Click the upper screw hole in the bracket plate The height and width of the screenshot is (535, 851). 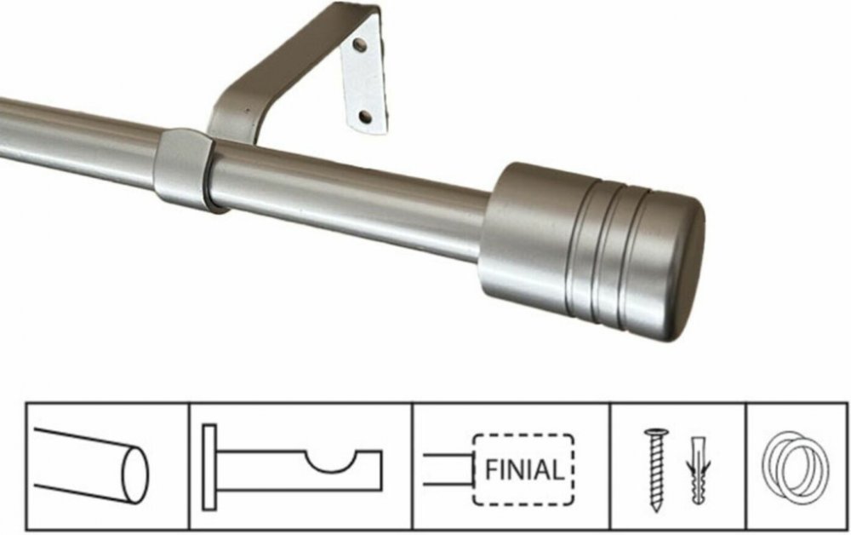click(x=359, y=44)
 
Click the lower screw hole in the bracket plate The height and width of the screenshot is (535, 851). click(x=366, y=117)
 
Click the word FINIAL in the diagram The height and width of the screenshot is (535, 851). click(x=523, y=469)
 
